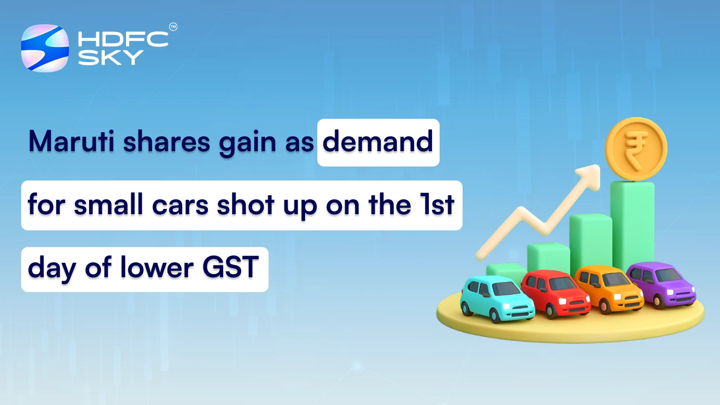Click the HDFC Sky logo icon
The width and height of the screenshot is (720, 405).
point(45,48)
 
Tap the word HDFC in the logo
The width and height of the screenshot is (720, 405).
point(123,39)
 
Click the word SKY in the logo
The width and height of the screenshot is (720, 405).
point(110,58)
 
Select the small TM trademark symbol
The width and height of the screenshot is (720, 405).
point(173,27)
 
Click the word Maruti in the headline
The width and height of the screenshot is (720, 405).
point(72,141)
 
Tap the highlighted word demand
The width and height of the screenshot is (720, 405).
point(378,142)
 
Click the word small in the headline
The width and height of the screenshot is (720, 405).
point(108,205)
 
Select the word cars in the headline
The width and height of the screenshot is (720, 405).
point(180,205)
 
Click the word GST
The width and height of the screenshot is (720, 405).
point(230,267)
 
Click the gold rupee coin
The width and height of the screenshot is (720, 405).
point(635,149)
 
